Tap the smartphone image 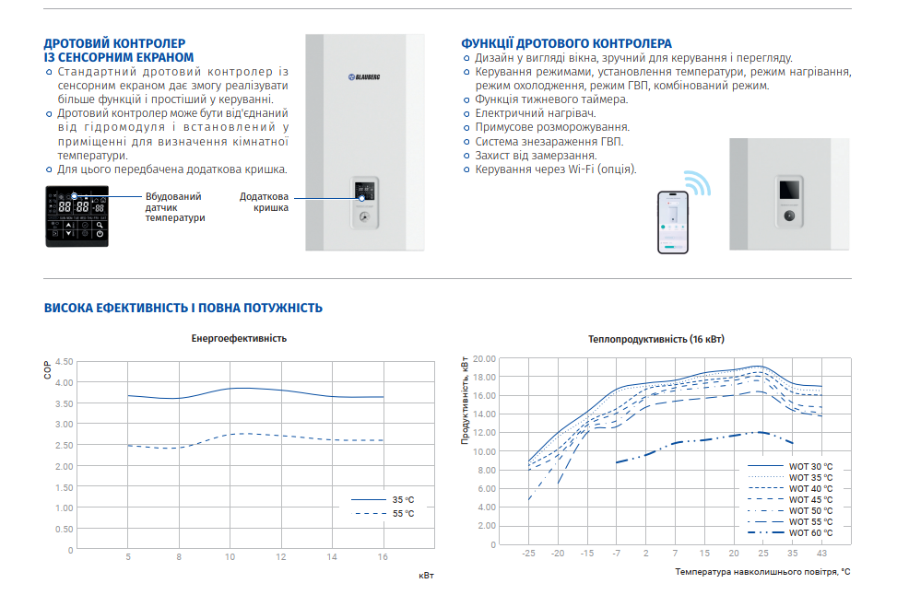(673, 221)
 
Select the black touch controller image (77, 215)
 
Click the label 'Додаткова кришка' (265, 202)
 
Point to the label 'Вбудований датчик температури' (174, 207)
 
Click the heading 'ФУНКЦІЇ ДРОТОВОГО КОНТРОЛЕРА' (566, 43)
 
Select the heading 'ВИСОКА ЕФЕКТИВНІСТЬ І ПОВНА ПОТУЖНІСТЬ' (183, 308)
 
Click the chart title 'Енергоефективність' (239, 338)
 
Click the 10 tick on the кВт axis (230, 556)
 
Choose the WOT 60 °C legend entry (790, 532)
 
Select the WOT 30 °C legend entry (790, 466)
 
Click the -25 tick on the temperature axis (528, 553)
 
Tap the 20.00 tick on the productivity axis (484, 358)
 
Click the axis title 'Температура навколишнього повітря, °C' (761, 572)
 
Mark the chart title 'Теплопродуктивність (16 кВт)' (656, 339)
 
